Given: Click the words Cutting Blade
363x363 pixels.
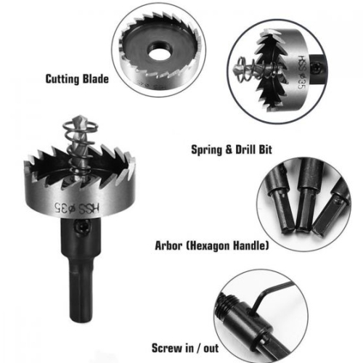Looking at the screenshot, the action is pyautogui.click(x=77, y=79).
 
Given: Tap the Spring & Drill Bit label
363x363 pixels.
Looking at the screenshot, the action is pyautogui.click(x=232, y=150).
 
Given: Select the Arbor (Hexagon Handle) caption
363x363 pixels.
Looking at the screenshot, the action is pyautogui.click(x=212, y=245).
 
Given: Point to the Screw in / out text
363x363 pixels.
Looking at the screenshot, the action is pyautogui.click(x=185, y=348).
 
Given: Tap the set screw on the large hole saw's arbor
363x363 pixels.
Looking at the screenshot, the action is pyautogui.click(x=83, y=227).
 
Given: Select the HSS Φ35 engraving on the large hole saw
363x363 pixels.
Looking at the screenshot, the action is pyautogui.click(x=77, y=206).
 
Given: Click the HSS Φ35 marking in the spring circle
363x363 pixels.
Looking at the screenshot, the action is pyautogui.click(x=303, y=72).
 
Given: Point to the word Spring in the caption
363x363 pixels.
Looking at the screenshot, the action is pyautogui.click(x=206, y=150).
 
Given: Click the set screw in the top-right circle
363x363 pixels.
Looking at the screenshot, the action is pyautogui.click(x=317, y=68).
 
